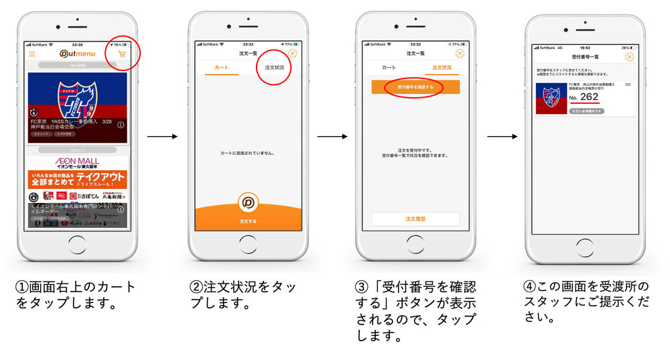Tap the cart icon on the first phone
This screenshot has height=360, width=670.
click(x=121, y=54)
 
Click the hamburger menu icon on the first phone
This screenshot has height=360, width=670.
click(x=31, y=54)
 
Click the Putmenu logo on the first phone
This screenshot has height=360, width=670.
click(x=77, y=54)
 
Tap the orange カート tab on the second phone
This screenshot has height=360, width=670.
click(x=221, y=68)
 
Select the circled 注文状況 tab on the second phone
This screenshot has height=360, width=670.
click(x=274, y=68)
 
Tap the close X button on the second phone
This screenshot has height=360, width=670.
click(x=292, y=54)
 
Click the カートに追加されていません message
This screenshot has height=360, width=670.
click(x=248, y=153)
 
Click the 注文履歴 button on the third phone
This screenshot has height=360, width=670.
click(x=415, y=219)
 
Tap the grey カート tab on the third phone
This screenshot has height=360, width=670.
click(x=389, y=68)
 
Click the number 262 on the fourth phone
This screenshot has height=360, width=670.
click(x=590, y=97)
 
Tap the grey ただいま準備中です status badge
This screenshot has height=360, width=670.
click(x=586, y=111)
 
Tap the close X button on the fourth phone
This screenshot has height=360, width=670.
click(x=629, y=57)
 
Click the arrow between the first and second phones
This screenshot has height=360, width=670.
click(x=163, y=137)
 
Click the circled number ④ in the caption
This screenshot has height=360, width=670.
click(x=528, y=286)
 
